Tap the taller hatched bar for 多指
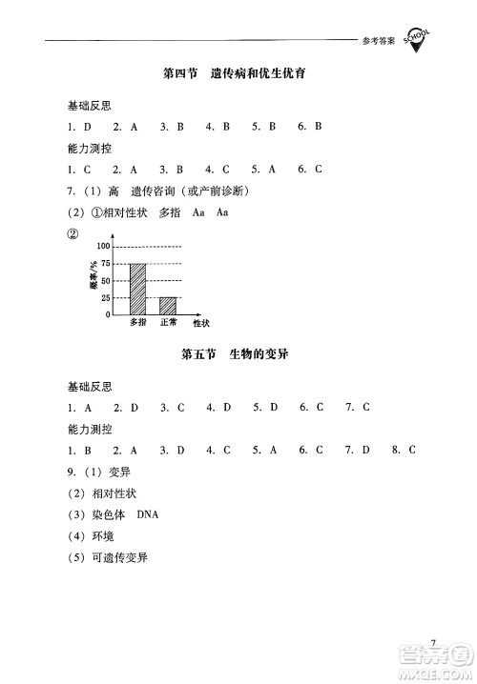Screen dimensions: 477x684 [138, 289]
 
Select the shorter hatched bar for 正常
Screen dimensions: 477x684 [168, 306]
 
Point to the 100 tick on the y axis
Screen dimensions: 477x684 [104, 246]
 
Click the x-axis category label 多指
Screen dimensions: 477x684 [138, 324]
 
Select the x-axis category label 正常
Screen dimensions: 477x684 [169, 324]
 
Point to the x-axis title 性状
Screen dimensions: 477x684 [201, 324]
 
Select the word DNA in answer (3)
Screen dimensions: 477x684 [149, 514]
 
